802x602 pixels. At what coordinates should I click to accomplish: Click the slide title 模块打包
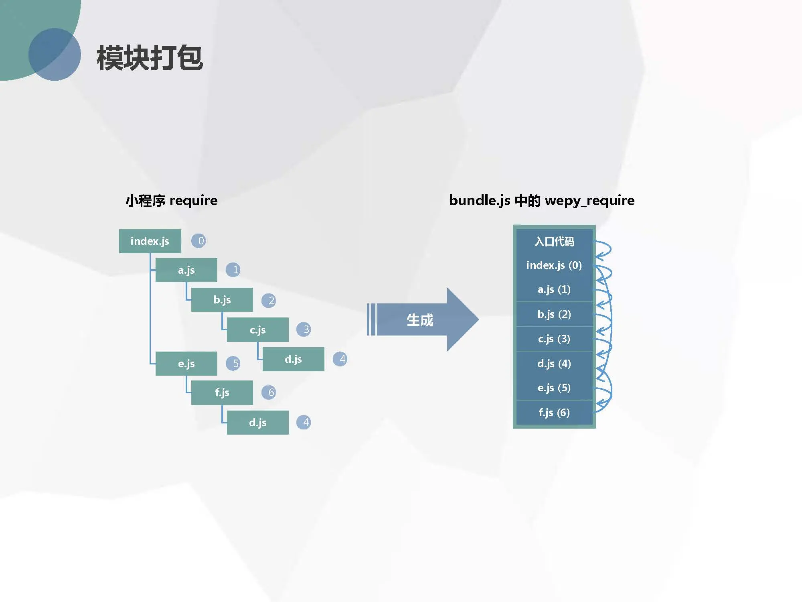150,58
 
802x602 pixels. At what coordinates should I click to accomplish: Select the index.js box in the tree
150,241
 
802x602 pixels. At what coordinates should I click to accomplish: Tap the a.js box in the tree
186,270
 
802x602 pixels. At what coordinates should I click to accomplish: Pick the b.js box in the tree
222,300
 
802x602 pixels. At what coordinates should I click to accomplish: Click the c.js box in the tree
257,329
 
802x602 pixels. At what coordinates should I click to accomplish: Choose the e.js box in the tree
186,364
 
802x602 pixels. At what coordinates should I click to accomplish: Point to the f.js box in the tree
222,393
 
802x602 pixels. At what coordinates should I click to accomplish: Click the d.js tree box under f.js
257,422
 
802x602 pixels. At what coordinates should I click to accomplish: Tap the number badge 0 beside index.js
199,241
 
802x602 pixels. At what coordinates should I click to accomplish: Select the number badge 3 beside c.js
304,329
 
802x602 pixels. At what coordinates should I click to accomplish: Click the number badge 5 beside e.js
233,364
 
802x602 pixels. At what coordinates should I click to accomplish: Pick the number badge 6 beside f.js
269,393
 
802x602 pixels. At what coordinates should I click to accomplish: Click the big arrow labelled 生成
421,320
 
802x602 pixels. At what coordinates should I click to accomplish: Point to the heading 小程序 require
172,200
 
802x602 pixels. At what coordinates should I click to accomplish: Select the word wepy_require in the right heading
589,200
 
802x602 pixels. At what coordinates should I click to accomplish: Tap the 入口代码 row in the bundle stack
554,241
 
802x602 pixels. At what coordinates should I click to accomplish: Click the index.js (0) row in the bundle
554,265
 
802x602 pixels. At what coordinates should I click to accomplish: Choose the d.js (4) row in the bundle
554,364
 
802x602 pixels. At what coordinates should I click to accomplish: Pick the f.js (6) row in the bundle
554,413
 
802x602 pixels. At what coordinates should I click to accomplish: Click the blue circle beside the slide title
55,54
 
